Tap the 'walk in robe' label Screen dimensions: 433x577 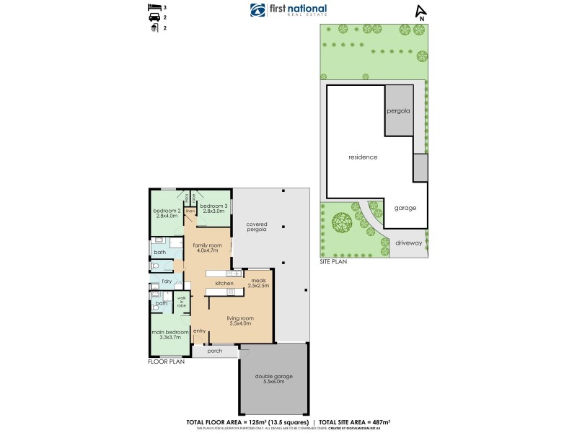tap(182, 301)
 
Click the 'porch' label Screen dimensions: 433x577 tap(215, 352)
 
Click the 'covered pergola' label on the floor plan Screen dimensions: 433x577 tap(257, 226)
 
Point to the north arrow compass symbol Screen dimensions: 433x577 tap(420, 12)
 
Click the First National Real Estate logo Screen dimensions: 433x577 tap(288, 10)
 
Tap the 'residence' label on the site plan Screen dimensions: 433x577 tap(363, 157)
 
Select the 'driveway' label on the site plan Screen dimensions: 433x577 tap(408, 243)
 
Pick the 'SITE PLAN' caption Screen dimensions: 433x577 tap(333, 262)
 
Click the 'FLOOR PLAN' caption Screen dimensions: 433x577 tap(167, 362)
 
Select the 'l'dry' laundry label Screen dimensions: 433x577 tap(166, 280)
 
